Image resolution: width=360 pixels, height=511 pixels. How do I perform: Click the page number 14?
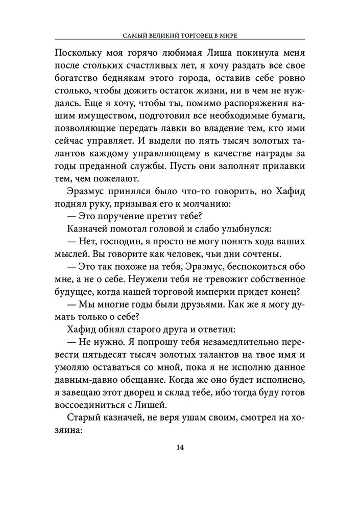[x=180, y=448]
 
